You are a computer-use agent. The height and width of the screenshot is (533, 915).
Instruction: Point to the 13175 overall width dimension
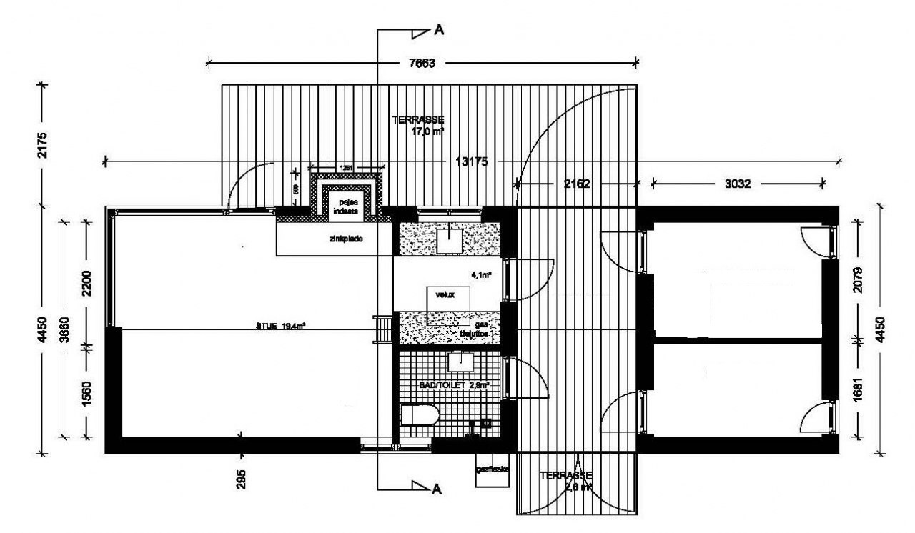471,161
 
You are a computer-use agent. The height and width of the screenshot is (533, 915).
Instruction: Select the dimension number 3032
738,184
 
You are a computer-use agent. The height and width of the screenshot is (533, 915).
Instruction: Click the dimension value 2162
576,184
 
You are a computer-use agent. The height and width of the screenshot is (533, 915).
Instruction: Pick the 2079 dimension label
859,282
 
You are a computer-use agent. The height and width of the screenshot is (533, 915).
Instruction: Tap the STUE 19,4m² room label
281,327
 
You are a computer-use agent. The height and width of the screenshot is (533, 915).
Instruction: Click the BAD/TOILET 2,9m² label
455,385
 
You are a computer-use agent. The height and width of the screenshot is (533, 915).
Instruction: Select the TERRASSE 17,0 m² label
419,125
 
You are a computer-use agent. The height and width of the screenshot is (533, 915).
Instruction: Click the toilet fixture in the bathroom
420,416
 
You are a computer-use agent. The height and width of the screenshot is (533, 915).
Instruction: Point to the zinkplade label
347,240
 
